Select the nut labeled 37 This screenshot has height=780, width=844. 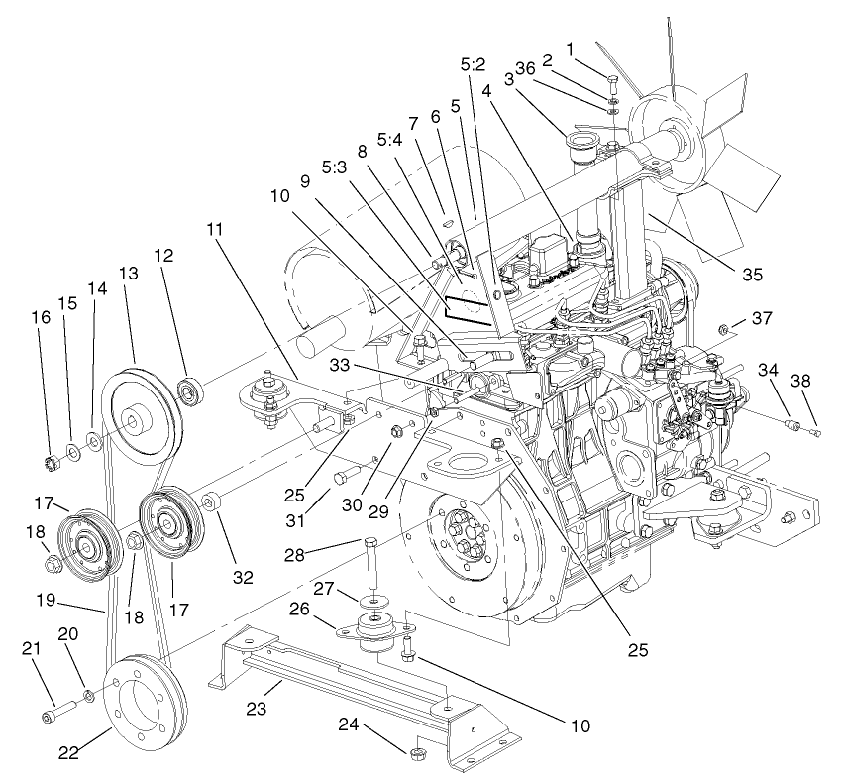(725, 328)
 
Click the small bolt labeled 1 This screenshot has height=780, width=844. (612, 82)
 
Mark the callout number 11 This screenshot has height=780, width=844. (215, 227)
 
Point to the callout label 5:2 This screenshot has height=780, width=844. (473, 64)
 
